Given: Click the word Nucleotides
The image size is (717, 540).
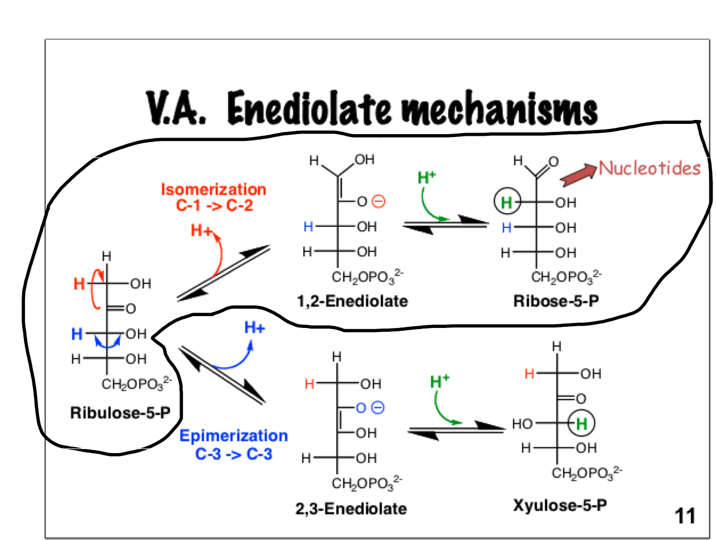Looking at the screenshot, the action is tap(649, 168).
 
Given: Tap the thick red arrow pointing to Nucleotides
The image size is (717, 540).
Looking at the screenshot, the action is tap(578, 176).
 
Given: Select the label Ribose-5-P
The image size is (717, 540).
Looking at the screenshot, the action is tap(556, 301).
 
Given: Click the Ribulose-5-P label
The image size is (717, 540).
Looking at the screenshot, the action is tap(120, 412).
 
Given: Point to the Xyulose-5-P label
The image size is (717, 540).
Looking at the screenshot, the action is tap(560, 505).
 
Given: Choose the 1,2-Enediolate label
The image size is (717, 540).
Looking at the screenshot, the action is tap(352, 301).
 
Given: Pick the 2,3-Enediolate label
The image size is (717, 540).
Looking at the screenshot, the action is tap(351, 509).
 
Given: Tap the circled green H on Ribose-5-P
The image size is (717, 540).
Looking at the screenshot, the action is tap(506, 202).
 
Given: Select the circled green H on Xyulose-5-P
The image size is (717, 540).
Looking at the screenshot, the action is tap(581, 423).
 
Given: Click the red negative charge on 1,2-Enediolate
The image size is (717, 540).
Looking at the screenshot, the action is tap(378, 201).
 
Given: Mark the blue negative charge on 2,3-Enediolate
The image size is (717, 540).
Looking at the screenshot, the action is tap(378, 408).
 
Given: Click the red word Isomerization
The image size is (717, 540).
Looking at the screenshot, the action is tap(213, 189).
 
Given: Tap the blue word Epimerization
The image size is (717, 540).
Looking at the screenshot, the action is tap(234, 436).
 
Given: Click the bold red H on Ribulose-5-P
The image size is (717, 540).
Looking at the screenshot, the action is tap(79, 284).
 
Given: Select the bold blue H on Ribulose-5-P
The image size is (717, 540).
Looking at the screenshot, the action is tap(77, 334).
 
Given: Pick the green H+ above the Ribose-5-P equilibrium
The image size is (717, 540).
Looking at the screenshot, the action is tap(427, 177).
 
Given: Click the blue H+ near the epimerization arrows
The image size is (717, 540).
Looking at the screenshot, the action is tap(255, 327).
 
